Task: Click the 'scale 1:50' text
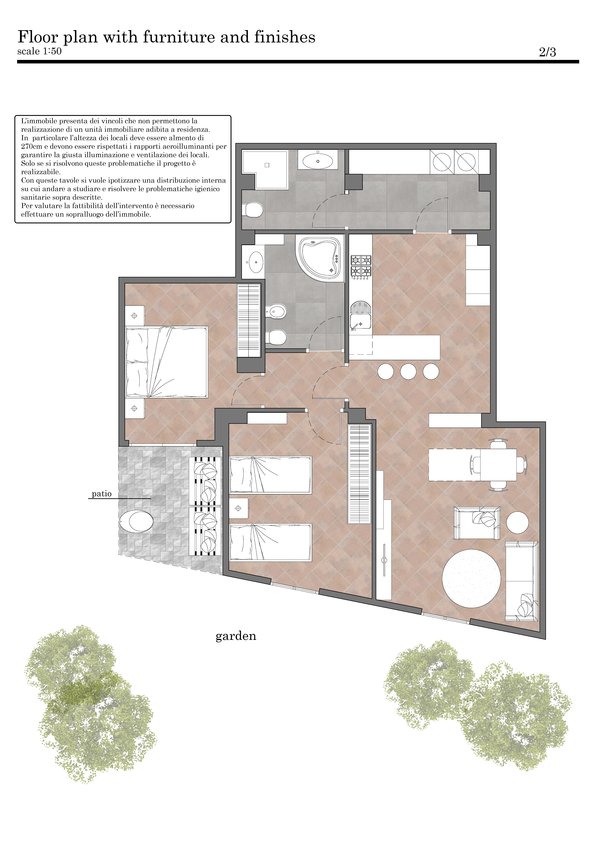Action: click(x=39, y=51)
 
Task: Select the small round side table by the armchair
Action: click(x=518, y=523)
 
